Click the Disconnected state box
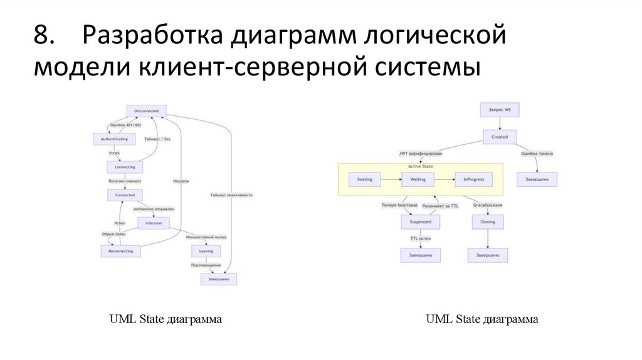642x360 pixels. coord(146,111)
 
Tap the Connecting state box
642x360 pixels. coord(125,167)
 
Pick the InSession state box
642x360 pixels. coord(153,223)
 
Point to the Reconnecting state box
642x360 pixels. coord(120,251)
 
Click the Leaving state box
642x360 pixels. coord(206,251)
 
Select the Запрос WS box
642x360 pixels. coord(499,109)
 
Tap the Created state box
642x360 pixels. coord(499,136)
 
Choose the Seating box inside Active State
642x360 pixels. coord(364,179)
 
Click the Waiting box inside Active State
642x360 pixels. coord(418,179)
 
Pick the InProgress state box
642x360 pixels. coord(473,179)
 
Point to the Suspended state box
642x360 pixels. coord(420,222)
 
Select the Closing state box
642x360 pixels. coord(487,222)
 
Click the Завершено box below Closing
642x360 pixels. coord(487,255)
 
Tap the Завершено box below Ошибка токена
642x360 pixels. coord(537,179)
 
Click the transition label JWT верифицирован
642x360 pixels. coord(420,153)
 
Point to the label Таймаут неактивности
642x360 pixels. coord(231,195)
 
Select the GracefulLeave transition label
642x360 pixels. coord(487,205)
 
